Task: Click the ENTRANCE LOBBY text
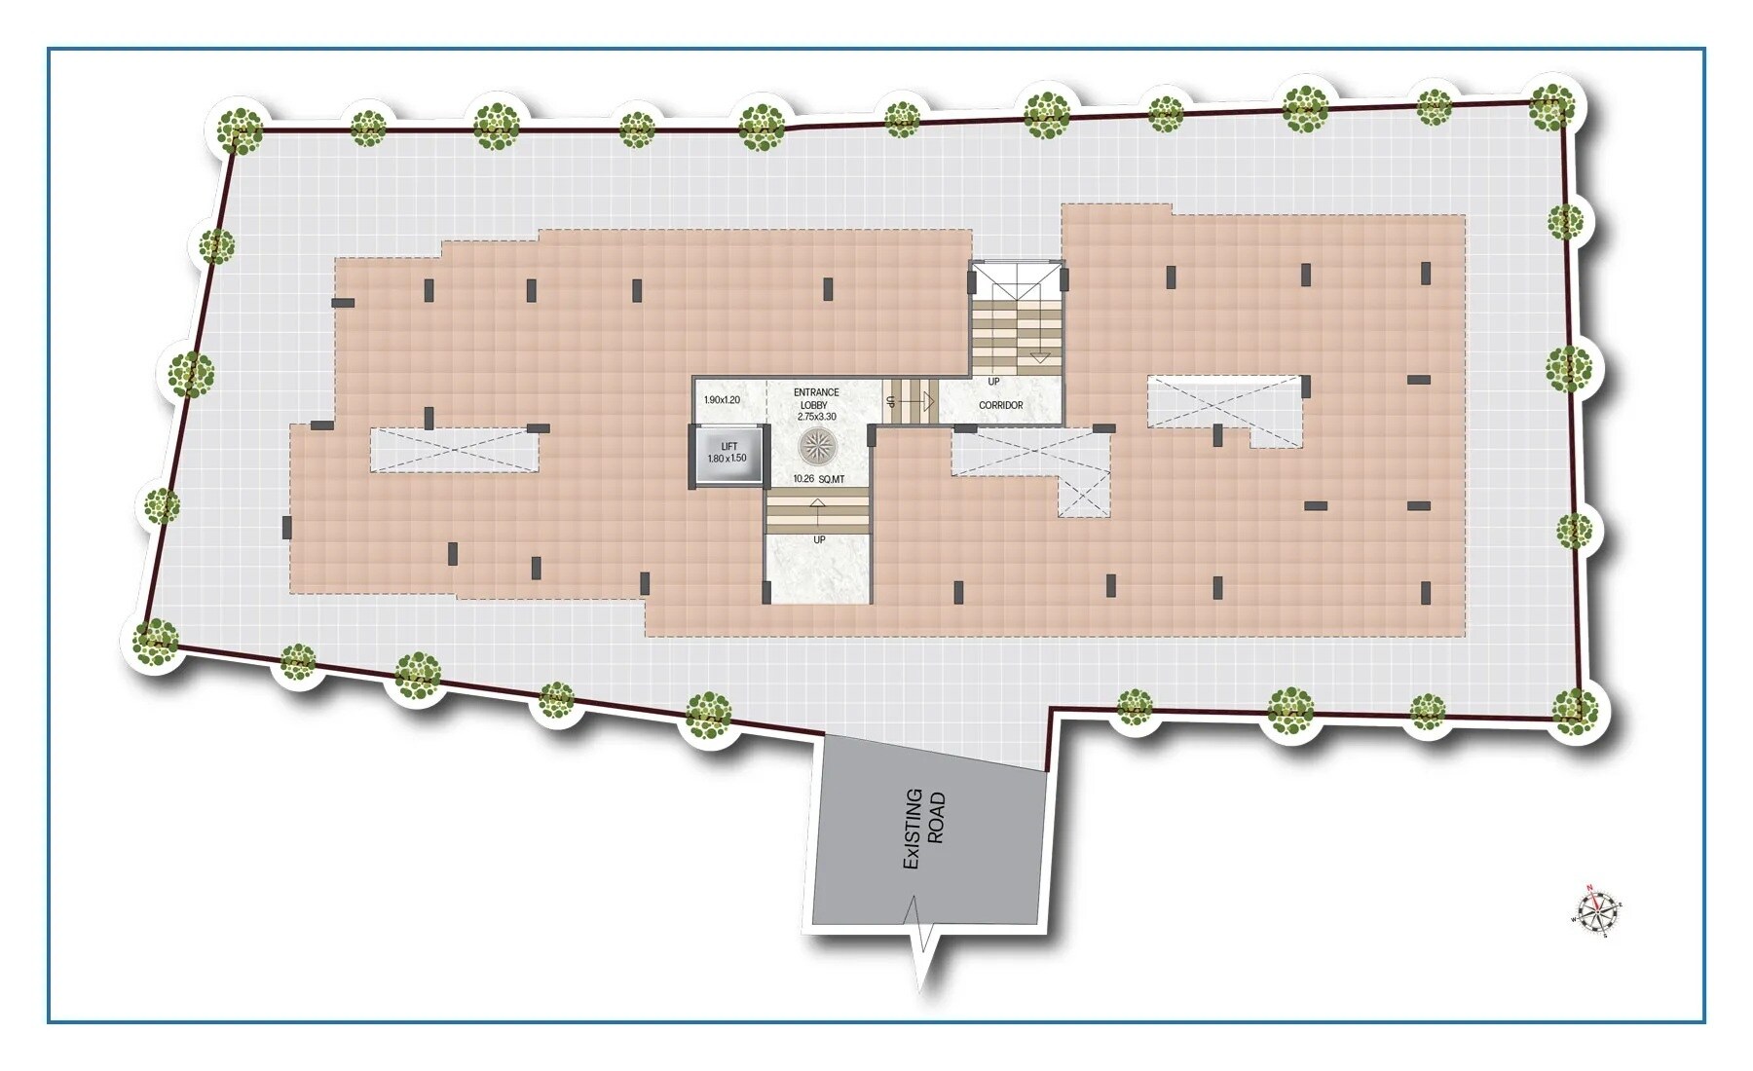pos(815,398)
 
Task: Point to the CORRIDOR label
pos(1000,405)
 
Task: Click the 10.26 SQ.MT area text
pos(818,479)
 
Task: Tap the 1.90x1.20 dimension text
pos(722,400)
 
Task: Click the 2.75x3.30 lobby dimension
pos(816,417)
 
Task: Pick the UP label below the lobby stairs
pos(819,539)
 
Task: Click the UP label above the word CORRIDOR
pos(993,382)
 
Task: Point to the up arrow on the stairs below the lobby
pos(816,507)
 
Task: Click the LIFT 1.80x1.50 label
pos(727,453)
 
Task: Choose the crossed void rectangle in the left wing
pos(454,450)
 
